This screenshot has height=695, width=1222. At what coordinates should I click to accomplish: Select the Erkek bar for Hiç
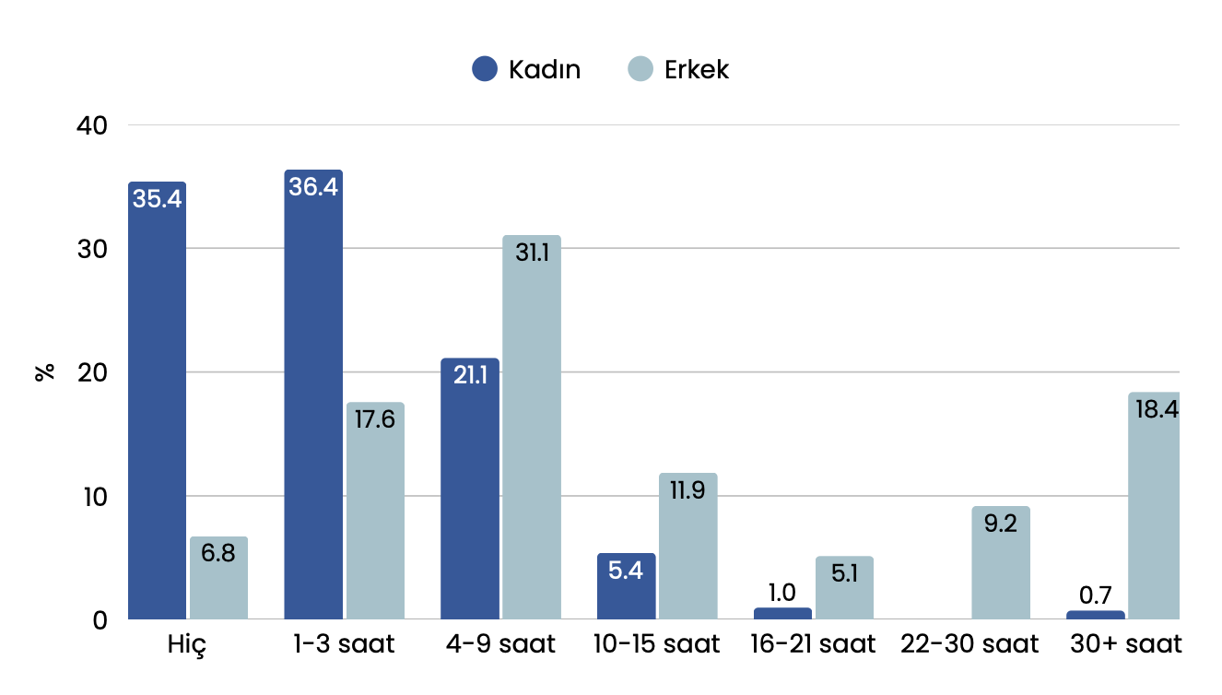[x=218, y=578]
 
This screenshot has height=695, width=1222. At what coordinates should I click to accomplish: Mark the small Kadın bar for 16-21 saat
[x=782, y=614]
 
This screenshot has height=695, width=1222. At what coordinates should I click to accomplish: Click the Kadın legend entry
[x=526, y=69]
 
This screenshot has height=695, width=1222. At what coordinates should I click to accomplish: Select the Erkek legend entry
[x=678, y=69]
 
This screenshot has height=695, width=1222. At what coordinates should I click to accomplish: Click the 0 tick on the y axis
[x=100, y=619]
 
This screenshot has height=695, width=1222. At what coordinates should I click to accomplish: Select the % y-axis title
[x=43, y=372]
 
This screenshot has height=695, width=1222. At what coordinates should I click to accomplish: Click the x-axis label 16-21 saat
[x=813, y=643]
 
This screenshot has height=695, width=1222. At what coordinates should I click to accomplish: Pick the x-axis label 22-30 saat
[x=969, y=643]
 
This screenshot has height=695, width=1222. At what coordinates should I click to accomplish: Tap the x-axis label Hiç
[x=187, y=643]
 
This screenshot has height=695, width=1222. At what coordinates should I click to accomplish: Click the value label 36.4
[x=313, y=187]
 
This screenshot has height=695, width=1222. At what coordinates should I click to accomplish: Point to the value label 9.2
[x=1000, y=524]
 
